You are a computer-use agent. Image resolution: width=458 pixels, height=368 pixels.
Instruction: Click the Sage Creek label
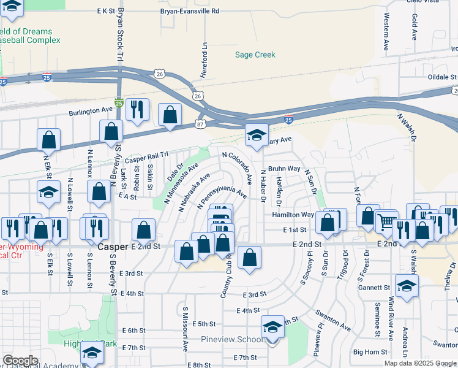click(x=255, y=55)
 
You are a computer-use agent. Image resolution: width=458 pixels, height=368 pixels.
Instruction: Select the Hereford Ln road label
click(x=205, y=60)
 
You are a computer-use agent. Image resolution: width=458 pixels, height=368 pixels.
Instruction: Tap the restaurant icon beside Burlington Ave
click(x=137, y=109)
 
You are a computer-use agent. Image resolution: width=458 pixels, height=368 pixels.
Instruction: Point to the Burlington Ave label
click(x=91, y=110)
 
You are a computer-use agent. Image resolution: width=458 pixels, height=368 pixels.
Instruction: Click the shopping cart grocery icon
click(x=386, y=221)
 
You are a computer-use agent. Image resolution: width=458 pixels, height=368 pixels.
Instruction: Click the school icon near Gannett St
click(x=407, y=285)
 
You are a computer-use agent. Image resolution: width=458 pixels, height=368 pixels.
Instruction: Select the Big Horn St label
click(x=370, y=352)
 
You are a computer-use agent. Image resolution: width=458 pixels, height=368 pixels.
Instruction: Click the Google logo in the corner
click(x=20, y=361)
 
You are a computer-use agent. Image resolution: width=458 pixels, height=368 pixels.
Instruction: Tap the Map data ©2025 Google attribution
click(x=420, y=363)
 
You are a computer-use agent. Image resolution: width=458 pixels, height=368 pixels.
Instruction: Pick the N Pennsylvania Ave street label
click(x=222, y=193)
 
